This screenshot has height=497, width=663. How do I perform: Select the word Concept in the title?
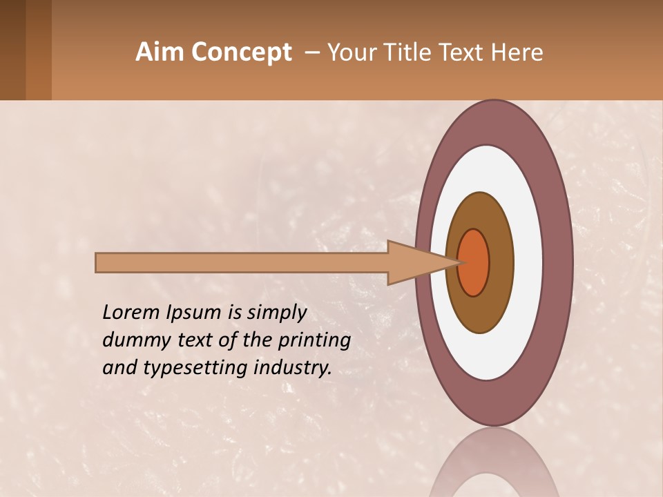(x=240, y=52)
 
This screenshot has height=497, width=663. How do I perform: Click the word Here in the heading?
(x=517, y=52)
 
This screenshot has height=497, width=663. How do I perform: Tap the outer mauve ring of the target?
(x=493, y=121)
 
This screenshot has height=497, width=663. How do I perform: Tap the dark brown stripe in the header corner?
(x=12, y=50)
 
